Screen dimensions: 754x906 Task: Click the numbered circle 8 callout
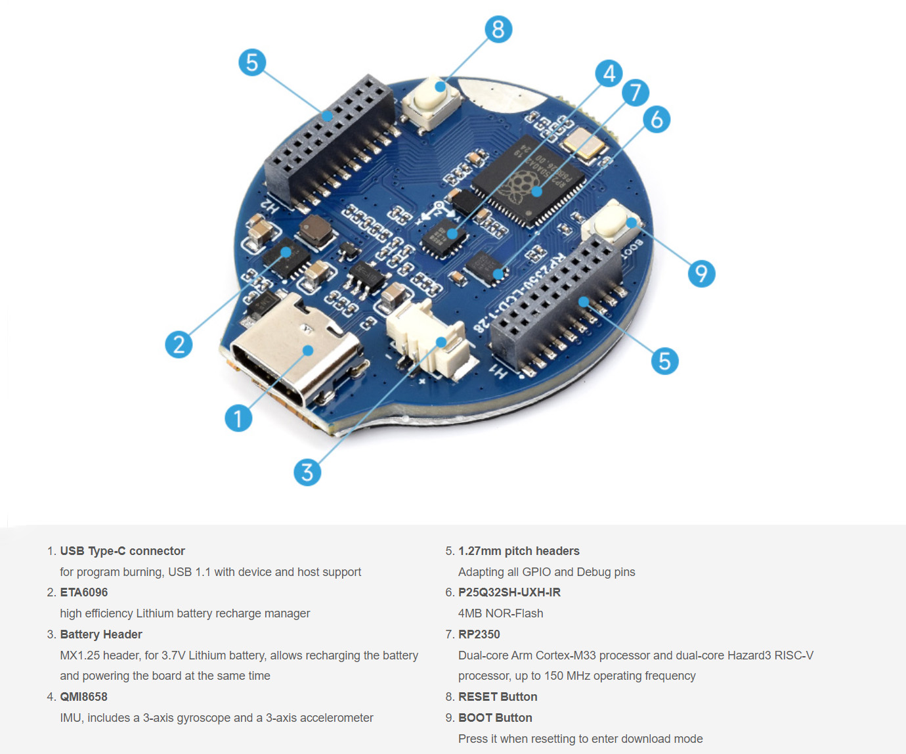pos(498,30)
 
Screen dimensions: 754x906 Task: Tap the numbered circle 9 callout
pos(701,273)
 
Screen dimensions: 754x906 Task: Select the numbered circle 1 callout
pos(238,418)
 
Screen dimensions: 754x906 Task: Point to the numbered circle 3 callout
pos(307,472)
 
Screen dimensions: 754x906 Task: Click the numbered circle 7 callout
pos(635,93)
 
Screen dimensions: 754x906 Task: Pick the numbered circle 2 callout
pos(179,344)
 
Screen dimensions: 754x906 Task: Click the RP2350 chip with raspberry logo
pos(529,181)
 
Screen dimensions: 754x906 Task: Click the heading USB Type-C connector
pos(122,551)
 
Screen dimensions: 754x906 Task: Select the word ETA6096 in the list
pos(83,592)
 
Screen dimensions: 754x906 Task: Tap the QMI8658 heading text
pos(83,697)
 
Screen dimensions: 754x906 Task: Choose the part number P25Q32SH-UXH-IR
pos(509,592)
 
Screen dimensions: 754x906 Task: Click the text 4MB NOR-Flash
pos(500,613)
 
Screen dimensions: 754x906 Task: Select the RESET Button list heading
pos(498,697)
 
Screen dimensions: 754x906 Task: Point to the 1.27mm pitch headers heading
pos(519,551)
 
